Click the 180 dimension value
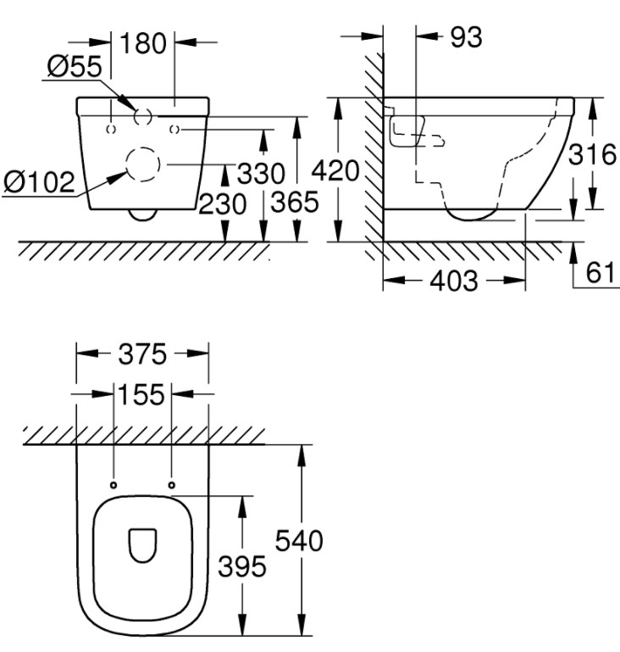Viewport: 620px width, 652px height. pyautogui.click(x=143, y=43)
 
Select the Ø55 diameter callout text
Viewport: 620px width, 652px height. pyautogui.click(x=75, y=66)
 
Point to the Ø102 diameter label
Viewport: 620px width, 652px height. pyautogui.click(x=40, y=181)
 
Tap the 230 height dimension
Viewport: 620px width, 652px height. pyautogui.click(x=223, y=204)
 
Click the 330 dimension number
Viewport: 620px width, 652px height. pyautogui.click(x=261, y=173)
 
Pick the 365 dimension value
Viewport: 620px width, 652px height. pyautogui.click(x=295, y=202)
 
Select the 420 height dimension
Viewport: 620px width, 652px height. pyautogui.click(x=335, y=170)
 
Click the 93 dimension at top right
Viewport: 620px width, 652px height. pyautogui.click(x=467, y=37)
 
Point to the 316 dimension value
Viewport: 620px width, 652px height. pyautogui.click(x=592, y=154)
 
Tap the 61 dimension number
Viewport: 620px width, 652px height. pyautogui.click(x=600, y=272)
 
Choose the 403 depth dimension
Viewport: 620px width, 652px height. pyautogui.click(x=454, y=281)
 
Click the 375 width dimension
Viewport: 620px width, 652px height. pyautogui.click(x=142, y=354)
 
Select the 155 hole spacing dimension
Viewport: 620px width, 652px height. pyautogui.click(x=141, y=394)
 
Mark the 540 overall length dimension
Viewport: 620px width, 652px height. pyautogui.click(x=299, y=541)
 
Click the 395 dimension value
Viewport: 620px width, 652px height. pyautogui.click(x=242, y=566)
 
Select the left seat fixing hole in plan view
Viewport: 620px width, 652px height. pyautogui.click(x=113, y=485)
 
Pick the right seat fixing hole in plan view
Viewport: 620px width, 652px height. pyautogui.click(x=172, y=485)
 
